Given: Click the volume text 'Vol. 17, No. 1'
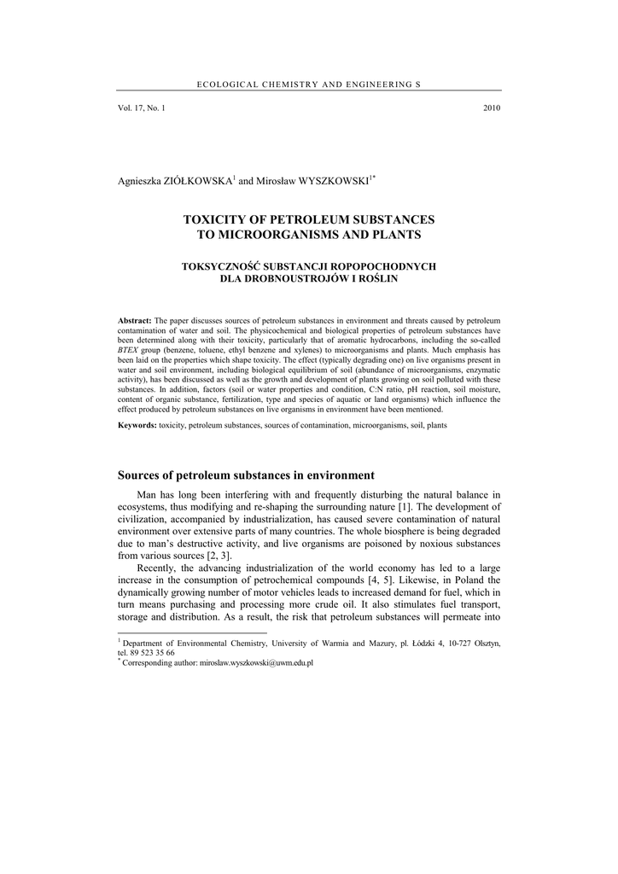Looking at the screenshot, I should [x=142, y=108].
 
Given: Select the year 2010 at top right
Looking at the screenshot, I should [x=491, y=108].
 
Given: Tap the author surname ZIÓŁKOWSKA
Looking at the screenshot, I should [x=200, y=182].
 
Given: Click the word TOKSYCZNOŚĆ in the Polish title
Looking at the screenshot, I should [x=223, y=266].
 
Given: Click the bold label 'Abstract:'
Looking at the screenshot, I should [x=135, y=319].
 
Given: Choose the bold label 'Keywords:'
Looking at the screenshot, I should [x=137, y=424].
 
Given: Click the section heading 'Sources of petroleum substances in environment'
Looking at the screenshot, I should [x=246, y=475].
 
